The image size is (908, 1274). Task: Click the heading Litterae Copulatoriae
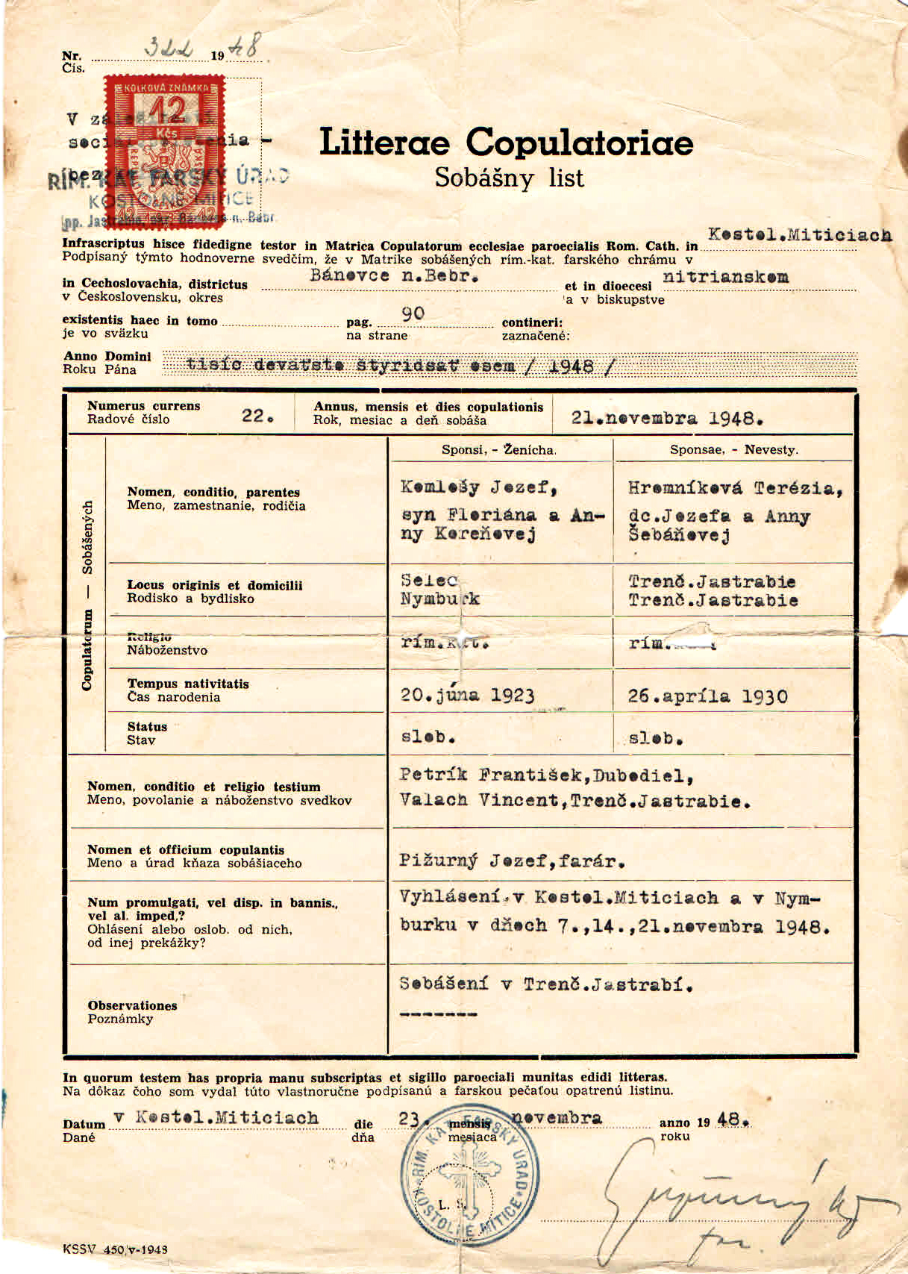506,143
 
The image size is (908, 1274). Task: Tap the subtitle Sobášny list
509,178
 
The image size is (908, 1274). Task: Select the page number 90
413,313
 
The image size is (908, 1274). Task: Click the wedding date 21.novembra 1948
667,419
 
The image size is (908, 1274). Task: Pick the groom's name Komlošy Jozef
479,487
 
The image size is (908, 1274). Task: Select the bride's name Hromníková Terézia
735,488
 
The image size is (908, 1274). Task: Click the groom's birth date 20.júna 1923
467,695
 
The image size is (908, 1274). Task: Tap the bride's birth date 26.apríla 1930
707,696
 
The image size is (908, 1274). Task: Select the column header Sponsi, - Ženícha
498,450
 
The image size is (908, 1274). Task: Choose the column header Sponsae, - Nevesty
733,450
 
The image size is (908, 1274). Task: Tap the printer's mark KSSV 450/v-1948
115,1249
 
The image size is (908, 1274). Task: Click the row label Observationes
132,1005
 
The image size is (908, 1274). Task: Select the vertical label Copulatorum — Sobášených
87,595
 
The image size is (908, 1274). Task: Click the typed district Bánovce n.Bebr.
394,275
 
